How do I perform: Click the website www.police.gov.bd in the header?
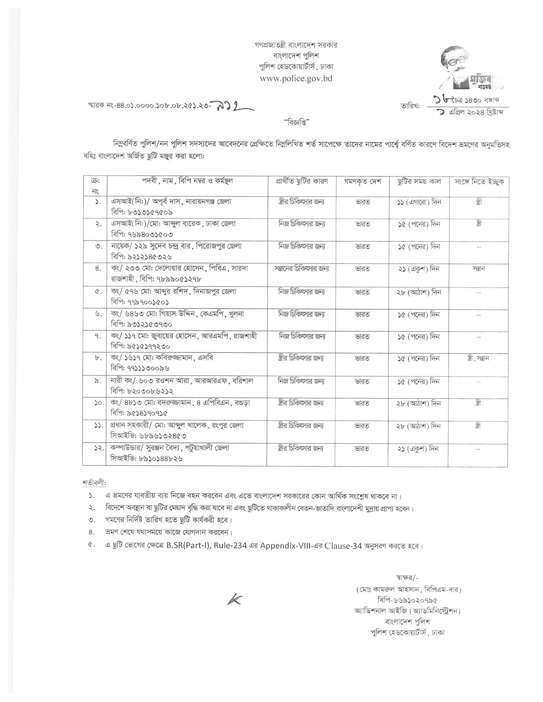[x=296, y=78]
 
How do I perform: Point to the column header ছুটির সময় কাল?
[x=419, y=181]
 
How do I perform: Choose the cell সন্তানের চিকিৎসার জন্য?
[x=301, y=268]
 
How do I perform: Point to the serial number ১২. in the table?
[x=98, y=449]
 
